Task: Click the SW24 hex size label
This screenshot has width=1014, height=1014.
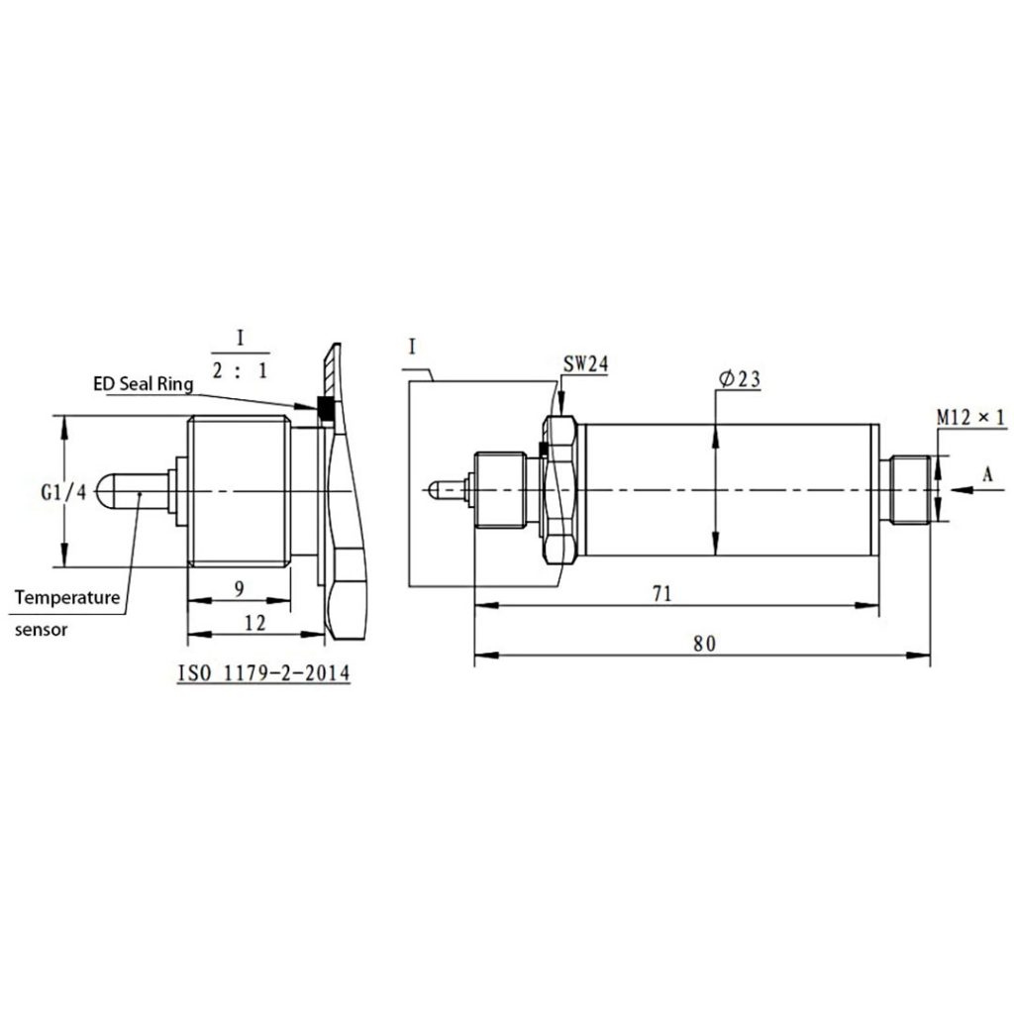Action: [x=584, y=364]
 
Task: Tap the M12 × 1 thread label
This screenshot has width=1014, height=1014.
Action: [x=970, y=418]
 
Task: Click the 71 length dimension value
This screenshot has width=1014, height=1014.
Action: [x=662, y=593]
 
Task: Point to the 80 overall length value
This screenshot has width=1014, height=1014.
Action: [x=703, y=643]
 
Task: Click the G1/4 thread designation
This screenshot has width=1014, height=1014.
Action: [x=63, y=491]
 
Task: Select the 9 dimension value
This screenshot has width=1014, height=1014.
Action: [x=238, y=587]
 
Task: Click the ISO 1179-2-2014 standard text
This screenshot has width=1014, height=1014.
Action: [x=262, y=673]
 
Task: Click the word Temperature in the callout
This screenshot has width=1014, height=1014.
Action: [x=67, y=598]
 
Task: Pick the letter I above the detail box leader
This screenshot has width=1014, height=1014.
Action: [x=411, y=346]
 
